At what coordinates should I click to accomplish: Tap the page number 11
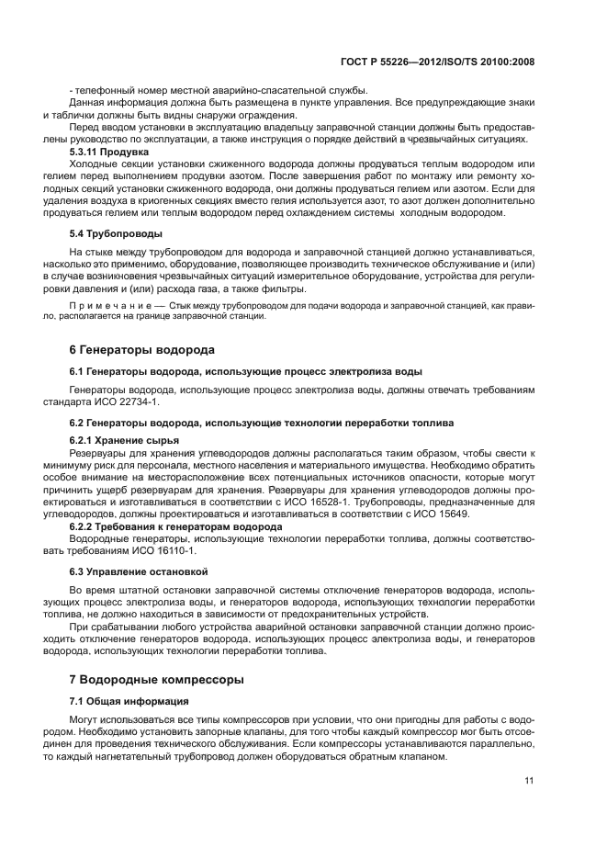pyautogui.click(x=529, y=781)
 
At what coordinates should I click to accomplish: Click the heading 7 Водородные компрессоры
pyautogui.click(x=156, y=681)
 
